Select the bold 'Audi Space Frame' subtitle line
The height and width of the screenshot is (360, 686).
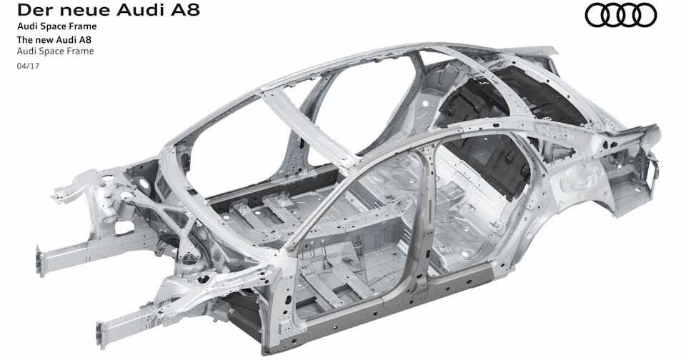point(56,26)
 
